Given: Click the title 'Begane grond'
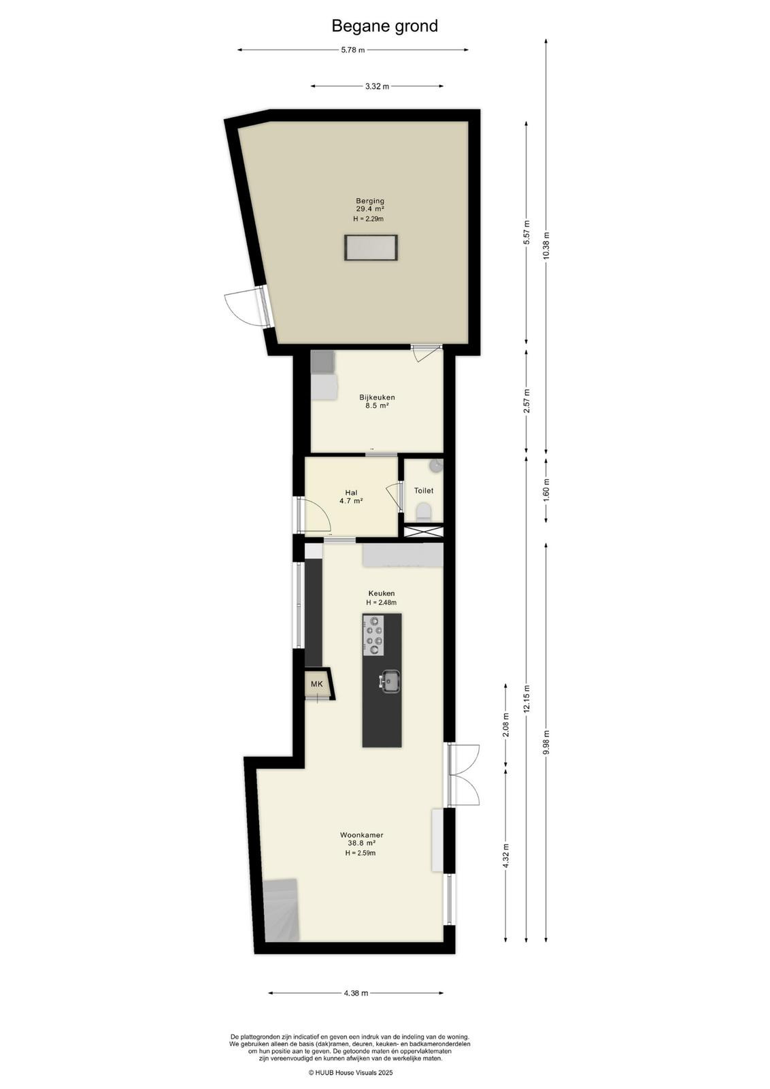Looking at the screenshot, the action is click(x=384, y=26).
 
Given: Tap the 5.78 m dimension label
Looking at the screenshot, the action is click(x=353, y=50).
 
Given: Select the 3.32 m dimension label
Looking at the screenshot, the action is click(x=377, y=86).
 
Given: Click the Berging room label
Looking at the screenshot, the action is click(x=370, y=200).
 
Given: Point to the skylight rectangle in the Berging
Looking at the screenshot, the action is click(x=371, y=247).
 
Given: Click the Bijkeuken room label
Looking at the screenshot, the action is click(x=377, y=397).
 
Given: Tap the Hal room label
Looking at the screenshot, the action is click(x=351, y=493).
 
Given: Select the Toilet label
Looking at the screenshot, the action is click(x=424, y=491).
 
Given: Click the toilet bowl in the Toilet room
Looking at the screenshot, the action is click(x=424, y=512).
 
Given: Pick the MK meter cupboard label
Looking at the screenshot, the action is click(x=317, y=683).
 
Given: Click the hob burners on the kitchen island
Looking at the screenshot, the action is click(x=374, y=634).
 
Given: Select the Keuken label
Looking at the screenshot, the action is click(x=382, y=593).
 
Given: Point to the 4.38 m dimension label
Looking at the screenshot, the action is click(x=356, y=993).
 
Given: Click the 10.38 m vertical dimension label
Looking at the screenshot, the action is click(x=546, y=246).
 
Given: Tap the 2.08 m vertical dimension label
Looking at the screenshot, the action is click(x=505, y=726).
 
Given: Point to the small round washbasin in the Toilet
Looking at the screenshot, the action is click(x=437, y=465).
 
